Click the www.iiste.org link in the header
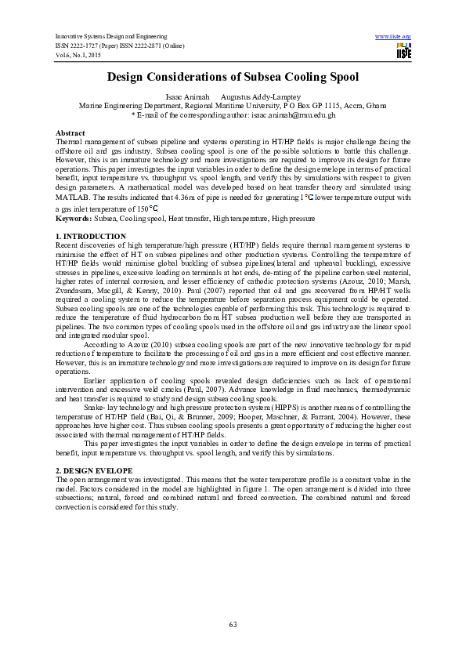[393, 37]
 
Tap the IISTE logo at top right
[403, 51]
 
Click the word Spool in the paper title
[339, 78]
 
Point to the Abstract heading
[70, 133]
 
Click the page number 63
[233, 623]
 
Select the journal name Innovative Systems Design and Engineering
[111, 37]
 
